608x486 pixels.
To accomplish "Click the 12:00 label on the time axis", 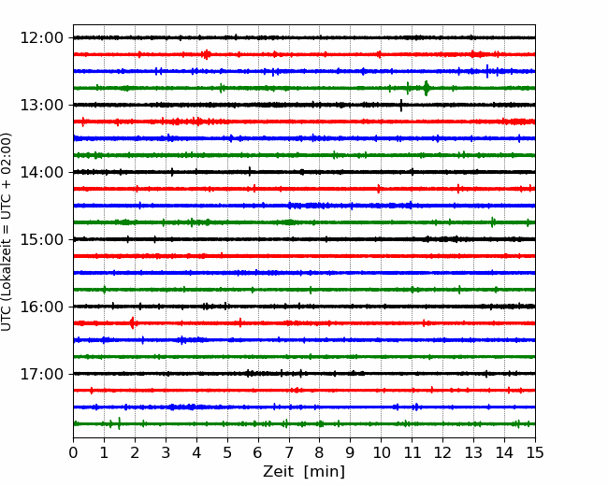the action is (41, 38).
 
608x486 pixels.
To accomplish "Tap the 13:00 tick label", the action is (41, 105).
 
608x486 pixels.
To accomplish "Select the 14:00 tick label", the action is (41, 172).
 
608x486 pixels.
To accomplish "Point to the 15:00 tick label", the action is (41, 239).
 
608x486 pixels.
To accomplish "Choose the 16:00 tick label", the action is (41, 307).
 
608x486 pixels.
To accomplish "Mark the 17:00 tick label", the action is (41, 374).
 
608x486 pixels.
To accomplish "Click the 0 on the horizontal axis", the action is (73, 452).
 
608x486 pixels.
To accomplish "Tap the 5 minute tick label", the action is (227, 452).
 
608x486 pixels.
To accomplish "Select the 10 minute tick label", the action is (381, 452).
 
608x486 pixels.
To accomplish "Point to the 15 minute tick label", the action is (535, 452).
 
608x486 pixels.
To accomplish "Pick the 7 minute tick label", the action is (289, 452).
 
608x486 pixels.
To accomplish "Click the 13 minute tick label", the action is (473, 452).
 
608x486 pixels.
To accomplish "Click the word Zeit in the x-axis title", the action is (279, 471).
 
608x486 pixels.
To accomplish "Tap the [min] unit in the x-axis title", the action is (325, 472).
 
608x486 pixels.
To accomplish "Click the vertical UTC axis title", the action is (7, 232).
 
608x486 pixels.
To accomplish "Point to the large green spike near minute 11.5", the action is (427, 88).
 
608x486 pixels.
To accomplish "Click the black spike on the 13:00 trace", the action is (401, 105).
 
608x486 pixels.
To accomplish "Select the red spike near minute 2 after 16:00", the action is (132, 322).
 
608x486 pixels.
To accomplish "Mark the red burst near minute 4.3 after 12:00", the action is (207, 54).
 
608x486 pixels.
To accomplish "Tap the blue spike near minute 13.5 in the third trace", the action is (487, 71).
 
